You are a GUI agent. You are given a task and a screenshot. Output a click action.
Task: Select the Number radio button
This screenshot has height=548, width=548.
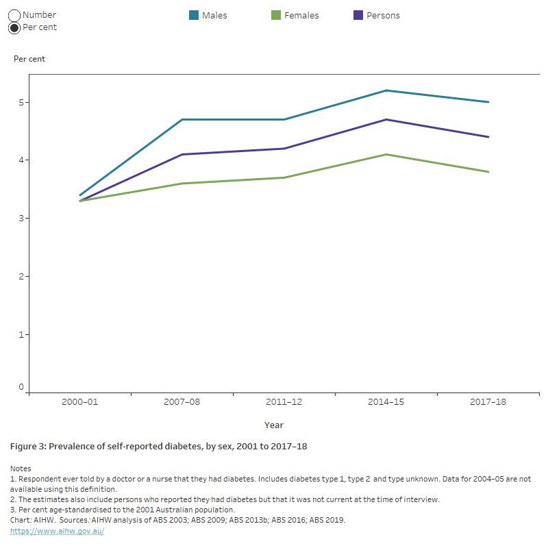pyautogui.click(x=14, y=15)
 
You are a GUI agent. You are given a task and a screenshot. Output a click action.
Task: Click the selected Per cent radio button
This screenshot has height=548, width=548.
pyautogui.click(x=14, y=27)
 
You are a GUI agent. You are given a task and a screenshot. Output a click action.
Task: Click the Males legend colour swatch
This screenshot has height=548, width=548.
pyautogui.click(x=194, y=15)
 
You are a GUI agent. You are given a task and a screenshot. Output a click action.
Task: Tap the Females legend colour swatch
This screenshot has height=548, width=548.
pyautogui.click(x=276, y=15)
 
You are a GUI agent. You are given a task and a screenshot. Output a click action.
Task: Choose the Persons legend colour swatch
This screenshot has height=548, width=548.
pyautogui.click(x=358, y=15)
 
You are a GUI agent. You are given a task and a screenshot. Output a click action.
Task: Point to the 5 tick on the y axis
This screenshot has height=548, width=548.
pyautogui.click(x=21, y=103)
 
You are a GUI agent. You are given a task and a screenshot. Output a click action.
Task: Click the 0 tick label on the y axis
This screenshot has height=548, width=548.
pyautogui.click(x=21, y=387)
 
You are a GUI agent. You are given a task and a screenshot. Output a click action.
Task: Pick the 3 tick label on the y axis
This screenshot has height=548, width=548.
pyautogui.click(x=21, y=219)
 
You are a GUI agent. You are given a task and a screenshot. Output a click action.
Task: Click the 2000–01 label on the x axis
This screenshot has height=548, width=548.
pyautogui.click(x=80, y=402)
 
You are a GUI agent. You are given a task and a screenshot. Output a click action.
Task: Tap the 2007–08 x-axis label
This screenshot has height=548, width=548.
pyautogui.click(x=182, y=402)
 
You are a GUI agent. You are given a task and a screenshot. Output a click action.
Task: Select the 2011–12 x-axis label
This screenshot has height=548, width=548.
pyautogui.click(x=284, y=402)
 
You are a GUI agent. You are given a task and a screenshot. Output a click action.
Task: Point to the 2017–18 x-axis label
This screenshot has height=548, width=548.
pyautogui.click(x=488, y=402)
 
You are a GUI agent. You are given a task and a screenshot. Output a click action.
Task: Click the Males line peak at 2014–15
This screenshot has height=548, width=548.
pyautogui.click(x=386, y=90)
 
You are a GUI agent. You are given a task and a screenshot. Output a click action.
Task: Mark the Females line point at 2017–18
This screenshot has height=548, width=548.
pyautogui.click(x=488, y=172)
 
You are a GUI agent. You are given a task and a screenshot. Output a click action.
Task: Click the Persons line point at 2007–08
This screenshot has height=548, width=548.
pyautogui.click(x=182, y=154)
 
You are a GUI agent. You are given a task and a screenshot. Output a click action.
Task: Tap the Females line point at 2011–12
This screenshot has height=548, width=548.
pyautogui.click(x=284, y=177)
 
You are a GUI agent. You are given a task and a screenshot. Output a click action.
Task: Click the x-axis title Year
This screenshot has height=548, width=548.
pyautogui.click(x=274, y=425)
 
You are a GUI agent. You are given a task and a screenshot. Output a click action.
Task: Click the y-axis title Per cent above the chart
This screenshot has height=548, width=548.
pyautogui.click(x=29, y=59)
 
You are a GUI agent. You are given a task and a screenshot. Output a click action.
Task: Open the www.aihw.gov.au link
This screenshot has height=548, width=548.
pyautogui.click(x=57, y=531)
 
